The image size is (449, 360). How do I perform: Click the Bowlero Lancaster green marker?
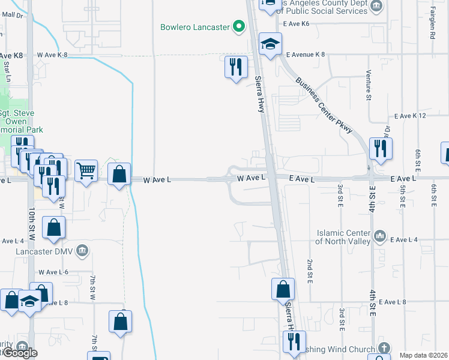[x=239, y=26]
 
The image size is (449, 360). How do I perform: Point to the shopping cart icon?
[x=86, y=171]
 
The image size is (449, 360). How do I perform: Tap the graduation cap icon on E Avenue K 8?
[x=270, y=44]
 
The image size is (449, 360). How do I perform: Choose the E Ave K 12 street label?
[x=410, y=115]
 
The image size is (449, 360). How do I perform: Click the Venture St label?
[x=369, y=85]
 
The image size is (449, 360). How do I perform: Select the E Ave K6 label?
[x=297, y=23]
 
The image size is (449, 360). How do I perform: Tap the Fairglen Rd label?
[x=432, y=23]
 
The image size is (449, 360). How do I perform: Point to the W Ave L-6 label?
[x=53, y=272]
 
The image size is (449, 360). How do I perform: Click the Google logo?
[x=20, y=353]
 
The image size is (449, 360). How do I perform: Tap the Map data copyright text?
[x=423, y=355]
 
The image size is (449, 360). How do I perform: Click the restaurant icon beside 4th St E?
[x=379, y=148]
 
